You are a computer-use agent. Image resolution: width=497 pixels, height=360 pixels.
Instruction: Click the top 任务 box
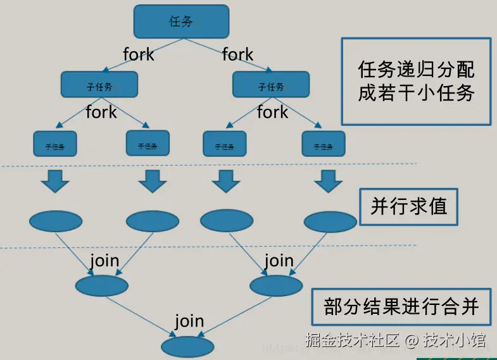click(181, 21)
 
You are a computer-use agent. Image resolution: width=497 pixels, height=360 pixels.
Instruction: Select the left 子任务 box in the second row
click(99, 84)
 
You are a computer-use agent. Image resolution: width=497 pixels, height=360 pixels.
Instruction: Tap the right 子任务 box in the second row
click(271, 84)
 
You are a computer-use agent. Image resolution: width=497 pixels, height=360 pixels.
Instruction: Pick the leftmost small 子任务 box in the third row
click(54, 144)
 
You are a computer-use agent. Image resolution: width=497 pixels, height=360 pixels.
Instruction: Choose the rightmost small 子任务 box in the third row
click(324, 144)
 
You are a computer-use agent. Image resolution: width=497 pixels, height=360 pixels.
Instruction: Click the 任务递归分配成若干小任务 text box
click(416, 82)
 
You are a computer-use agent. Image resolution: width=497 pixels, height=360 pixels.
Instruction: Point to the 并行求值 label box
click(408, 207)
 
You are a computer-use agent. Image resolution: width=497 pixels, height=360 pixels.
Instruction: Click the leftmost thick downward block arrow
click(55, 181)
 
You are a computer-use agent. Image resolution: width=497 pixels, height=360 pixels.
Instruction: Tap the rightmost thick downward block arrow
click(327, 181)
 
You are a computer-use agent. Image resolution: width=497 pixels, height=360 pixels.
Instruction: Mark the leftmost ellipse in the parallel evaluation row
click(56, 221)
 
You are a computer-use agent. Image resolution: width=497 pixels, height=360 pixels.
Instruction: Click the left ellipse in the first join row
click(102, 285)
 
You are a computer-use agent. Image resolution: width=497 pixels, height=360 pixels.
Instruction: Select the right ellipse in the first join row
click(276, 285)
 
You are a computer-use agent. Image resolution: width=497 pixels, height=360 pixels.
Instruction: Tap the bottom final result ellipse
click(187, 347)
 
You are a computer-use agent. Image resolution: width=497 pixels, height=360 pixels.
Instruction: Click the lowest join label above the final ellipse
click(189, 321)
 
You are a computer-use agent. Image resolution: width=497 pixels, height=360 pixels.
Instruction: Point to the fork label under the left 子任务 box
click(101, 113)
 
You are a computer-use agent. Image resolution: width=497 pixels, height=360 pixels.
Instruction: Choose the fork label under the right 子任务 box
click(272, 113)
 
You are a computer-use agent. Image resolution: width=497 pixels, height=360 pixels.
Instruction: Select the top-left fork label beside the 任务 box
click(139, 55)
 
